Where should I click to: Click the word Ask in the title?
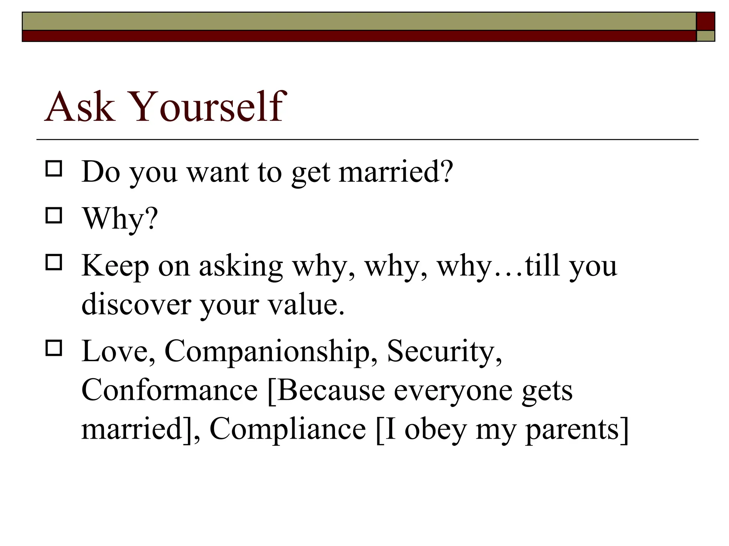click(80, 107)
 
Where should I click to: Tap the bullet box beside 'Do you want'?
click(54, 168)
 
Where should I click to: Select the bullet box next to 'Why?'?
click(54, 215)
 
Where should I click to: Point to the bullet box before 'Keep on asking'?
click(54, 262)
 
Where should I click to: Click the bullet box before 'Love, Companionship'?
click(54, 348)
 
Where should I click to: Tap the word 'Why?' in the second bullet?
click(120, 218)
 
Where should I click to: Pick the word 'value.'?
click(306, 304)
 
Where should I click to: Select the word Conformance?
click(169, 390)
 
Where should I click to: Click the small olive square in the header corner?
click(706, 36)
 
